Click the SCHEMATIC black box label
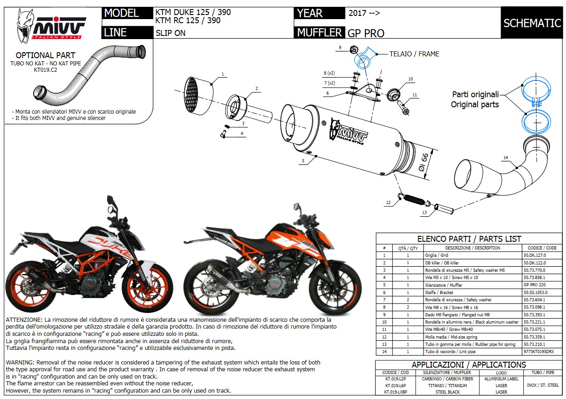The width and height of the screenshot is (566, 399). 532,23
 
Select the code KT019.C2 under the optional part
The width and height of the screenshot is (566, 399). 46,70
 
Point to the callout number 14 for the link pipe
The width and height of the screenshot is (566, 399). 505,158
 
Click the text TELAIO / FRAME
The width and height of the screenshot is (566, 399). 414,54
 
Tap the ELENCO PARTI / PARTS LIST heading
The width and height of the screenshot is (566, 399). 469,239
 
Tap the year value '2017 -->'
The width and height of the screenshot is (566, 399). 364,13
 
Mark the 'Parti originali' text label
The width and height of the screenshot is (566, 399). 475,95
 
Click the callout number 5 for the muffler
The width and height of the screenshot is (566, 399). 302,160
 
